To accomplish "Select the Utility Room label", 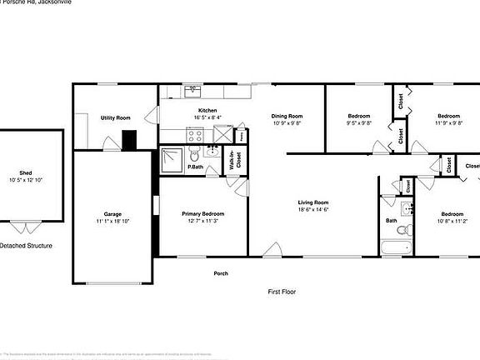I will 116,118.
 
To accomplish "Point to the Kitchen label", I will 207,111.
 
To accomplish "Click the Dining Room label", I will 287,116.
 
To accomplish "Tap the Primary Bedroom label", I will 203,214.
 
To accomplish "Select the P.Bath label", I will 197,167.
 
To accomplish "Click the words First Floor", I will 282,292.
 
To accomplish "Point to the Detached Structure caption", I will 25,246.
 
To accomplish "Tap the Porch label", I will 221,273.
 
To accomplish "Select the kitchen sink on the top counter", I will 194,89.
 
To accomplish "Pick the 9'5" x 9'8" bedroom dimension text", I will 358,122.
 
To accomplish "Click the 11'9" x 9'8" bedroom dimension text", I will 449,122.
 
